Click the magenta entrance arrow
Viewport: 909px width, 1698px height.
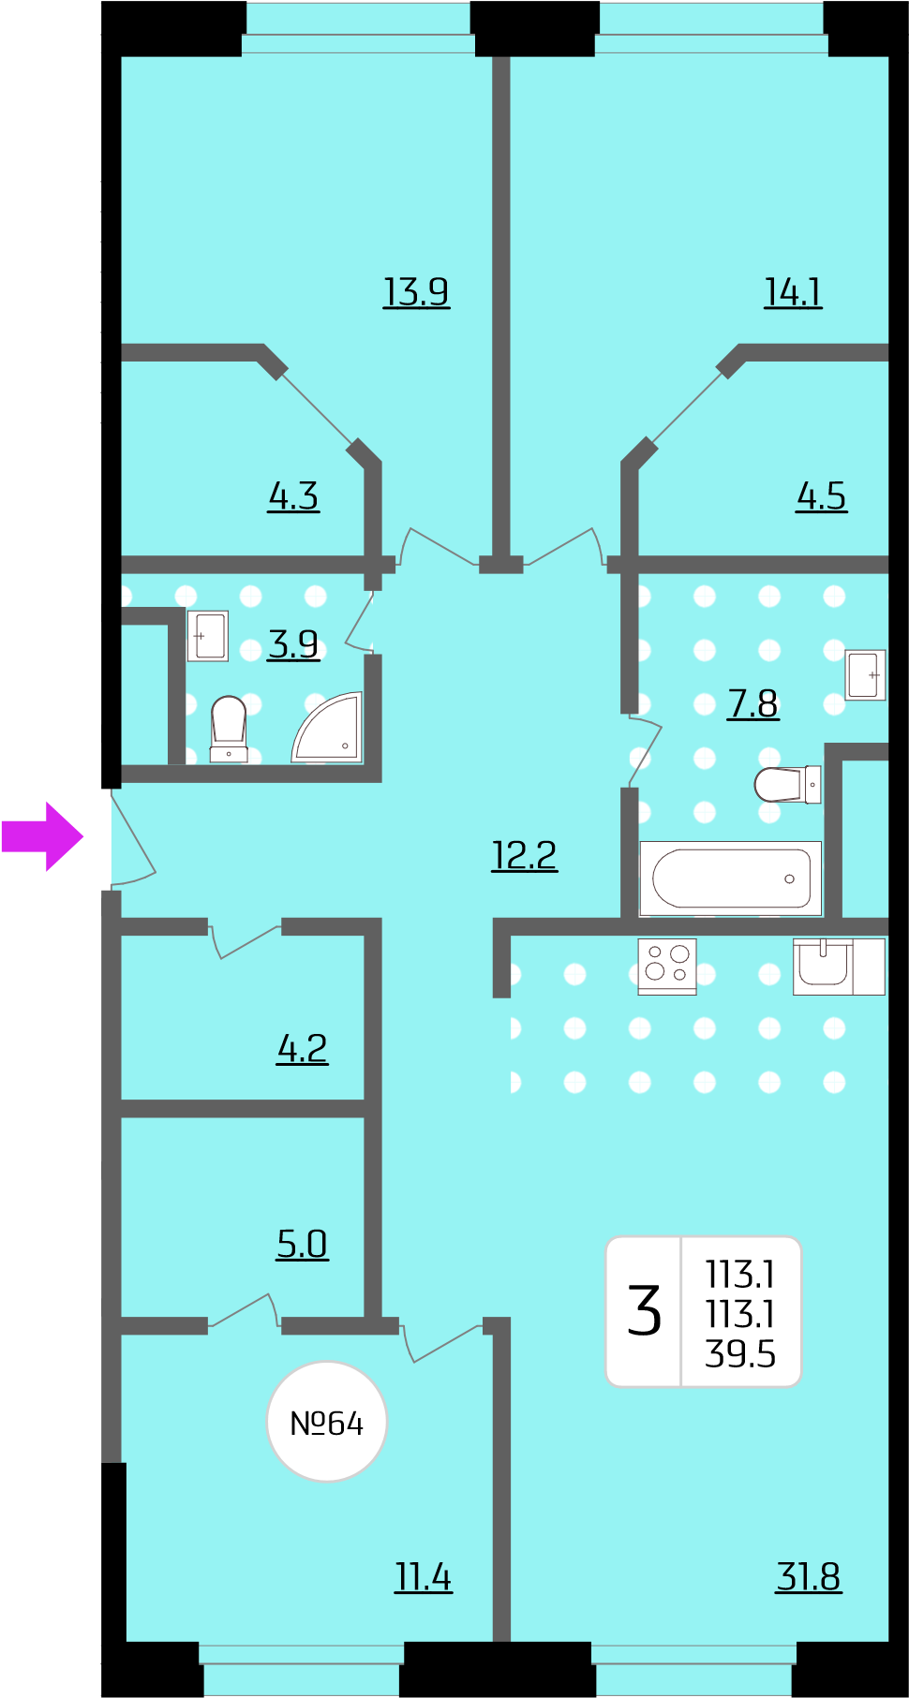(x=43, y=836)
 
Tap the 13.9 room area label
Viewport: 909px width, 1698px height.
(x=416, y=292)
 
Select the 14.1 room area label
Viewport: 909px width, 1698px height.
(x=793, y=292)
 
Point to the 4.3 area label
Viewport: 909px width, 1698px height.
(x=293, y=496)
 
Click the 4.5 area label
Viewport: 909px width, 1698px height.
(x=821, y=496)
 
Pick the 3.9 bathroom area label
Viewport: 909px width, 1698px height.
(x=293, y=644)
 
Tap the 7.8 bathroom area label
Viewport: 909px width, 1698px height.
(x=753, y=703)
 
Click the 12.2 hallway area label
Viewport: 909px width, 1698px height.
(x=524, y=855)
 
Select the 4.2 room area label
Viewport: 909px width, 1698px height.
(x=302, y=1049)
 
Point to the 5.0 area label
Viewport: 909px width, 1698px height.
(x=302, y=1245)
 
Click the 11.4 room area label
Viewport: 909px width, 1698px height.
(x=423, y=1577)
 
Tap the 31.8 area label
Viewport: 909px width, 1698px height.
(x=808, y=1577)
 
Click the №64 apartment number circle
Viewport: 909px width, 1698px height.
(x=327, y=1422)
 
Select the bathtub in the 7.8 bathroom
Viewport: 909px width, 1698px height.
(x=731, y=879)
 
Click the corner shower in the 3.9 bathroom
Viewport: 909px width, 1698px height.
(x=328, y=728)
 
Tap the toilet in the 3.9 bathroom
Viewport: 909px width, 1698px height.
(x=229, y=729)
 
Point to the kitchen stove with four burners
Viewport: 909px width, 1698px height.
(x=667, y=966)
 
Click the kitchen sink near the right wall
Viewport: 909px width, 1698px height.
(x=825, y=965)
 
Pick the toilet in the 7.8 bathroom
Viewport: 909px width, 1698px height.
(x=787, y=785)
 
